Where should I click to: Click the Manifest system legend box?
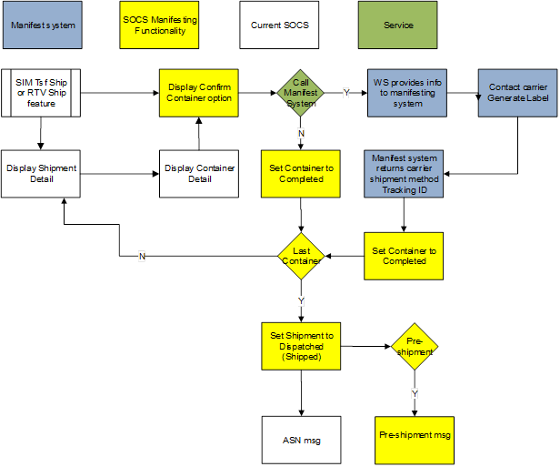pos(43,25)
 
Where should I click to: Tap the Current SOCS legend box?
pos(280,25)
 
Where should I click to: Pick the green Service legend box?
pos(398,25)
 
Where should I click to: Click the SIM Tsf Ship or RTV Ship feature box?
pos(41,92)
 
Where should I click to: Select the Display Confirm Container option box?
pos(200,92)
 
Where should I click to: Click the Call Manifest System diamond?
pos(301,93)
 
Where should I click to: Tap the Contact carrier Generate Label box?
pos(517,92)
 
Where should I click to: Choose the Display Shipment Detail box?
pos(41,173)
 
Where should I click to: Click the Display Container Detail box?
pos(200,173)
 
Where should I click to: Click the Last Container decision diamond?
pos(301,256)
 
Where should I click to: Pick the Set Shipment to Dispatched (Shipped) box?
pos(301,346)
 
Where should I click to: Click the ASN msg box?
pos(301,442)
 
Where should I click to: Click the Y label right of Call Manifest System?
pos(345,93)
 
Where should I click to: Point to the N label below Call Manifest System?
pos(301,133)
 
